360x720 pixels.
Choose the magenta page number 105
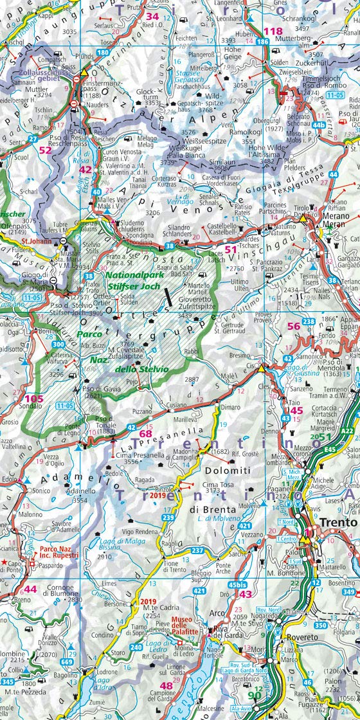(33, 399)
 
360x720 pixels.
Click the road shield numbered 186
(262, 42)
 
